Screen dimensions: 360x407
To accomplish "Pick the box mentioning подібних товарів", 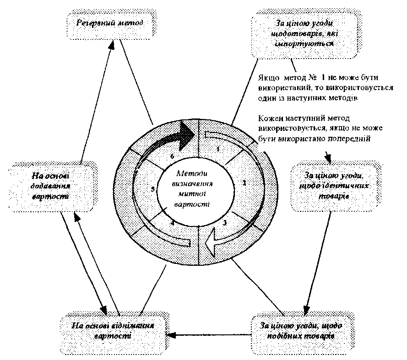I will click(302, 330).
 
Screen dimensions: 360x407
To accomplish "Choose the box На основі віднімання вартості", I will click(113, 330).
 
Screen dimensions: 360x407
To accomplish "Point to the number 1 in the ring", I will click(218, 149).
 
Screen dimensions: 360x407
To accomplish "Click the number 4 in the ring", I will click(172, 223).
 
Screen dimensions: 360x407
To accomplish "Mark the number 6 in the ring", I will click(172, 156).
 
